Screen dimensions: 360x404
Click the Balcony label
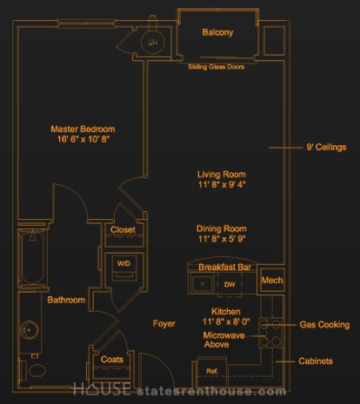[x=217, y=32]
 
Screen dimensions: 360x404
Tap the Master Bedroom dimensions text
[x=83, y=139]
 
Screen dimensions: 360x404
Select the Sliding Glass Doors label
[x=217, y=67]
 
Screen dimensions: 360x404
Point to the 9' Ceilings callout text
[x=326, y=147]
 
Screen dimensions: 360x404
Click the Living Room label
[x=222, y=175]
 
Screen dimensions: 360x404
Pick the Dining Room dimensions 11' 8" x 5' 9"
[x=222, y=239]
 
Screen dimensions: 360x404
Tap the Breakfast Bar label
[x=224, y=267]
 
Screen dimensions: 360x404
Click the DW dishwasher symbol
[x=230, y=284]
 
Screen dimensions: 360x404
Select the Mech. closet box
[x=272, y=280]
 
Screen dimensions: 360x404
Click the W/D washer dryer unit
[x=124, y=268]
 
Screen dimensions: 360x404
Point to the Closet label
[x=123, y=229]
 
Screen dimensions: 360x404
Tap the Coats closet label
[x=112, y=360]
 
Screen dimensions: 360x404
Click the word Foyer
[x=164, y=323]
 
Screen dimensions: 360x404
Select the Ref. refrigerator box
[x=212, y=372]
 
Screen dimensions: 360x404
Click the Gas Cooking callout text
[x=324, y=325]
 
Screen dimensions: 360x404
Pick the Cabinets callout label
[x=316, y=361]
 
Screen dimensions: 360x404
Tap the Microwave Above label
[x=223, y=340]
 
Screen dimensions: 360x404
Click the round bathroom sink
[x=30, y=330]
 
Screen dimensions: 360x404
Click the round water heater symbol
[x=152, y=43]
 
